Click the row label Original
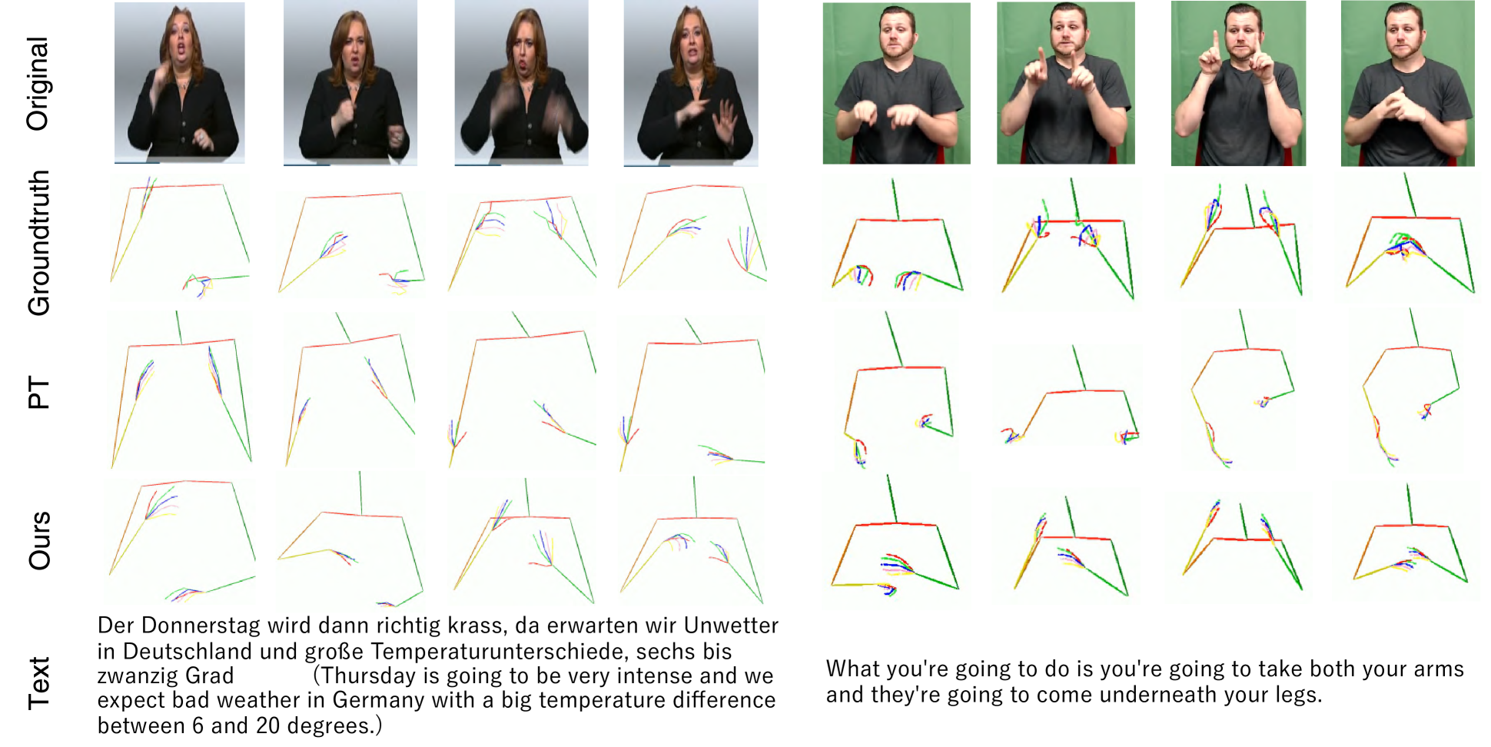(x=38, y=84)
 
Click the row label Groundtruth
(x=38, y=243)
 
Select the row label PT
(x=38, y=393)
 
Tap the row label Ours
(x=38, y=540)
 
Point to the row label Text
(x=38, y=683)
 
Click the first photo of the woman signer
(x=180, y=82)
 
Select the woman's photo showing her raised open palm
(x=691, y=83)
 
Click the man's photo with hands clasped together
(x=1408, y=83)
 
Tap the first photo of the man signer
(x=896, y=83)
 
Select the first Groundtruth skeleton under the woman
(x=180, y=237)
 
